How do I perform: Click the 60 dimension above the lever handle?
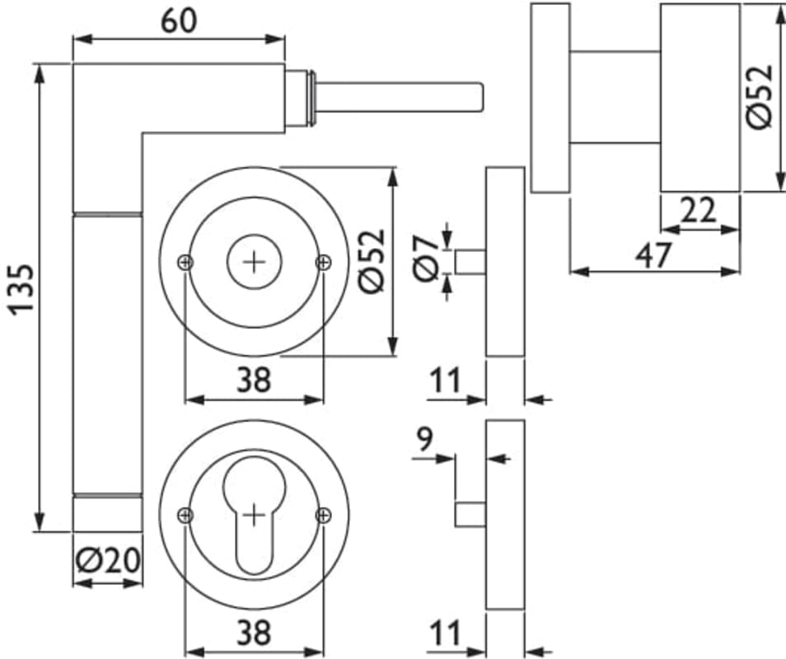point(179,21)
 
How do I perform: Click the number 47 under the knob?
point(654,255)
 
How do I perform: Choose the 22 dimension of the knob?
point(699,212)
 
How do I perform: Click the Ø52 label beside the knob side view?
point(760,96)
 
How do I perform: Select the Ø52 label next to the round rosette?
point(372,261)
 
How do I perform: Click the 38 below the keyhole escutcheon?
point(254,633)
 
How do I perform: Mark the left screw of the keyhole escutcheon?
point(186,516)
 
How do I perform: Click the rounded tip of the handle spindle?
point(477,96)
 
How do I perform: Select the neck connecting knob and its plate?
point(615,96)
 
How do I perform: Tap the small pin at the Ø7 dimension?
point(470,263)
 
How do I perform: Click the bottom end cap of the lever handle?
point(107,514)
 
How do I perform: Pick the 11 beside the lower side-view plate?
point(445,633)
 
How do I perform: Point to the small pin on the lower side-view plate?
point(470,515)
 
